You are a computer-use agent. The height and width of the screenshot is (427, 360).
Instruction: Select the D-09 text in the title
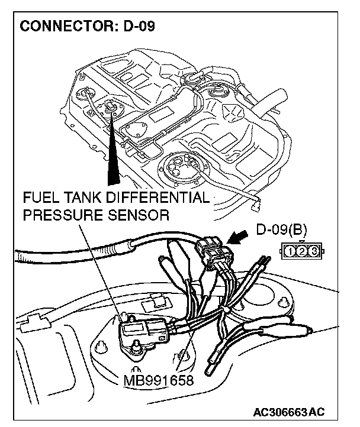136,28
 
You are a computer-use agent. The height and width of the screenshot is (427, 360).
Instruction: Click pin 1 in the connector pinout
290,252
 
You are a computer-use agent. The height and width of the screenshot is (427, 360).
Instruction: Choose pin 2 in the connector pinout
301,252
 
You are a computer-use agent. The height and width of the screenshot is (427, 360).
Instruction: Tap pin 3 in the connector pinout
313,252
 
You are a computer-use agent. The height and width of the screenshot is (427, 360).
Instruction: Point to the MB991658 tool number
159,379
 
